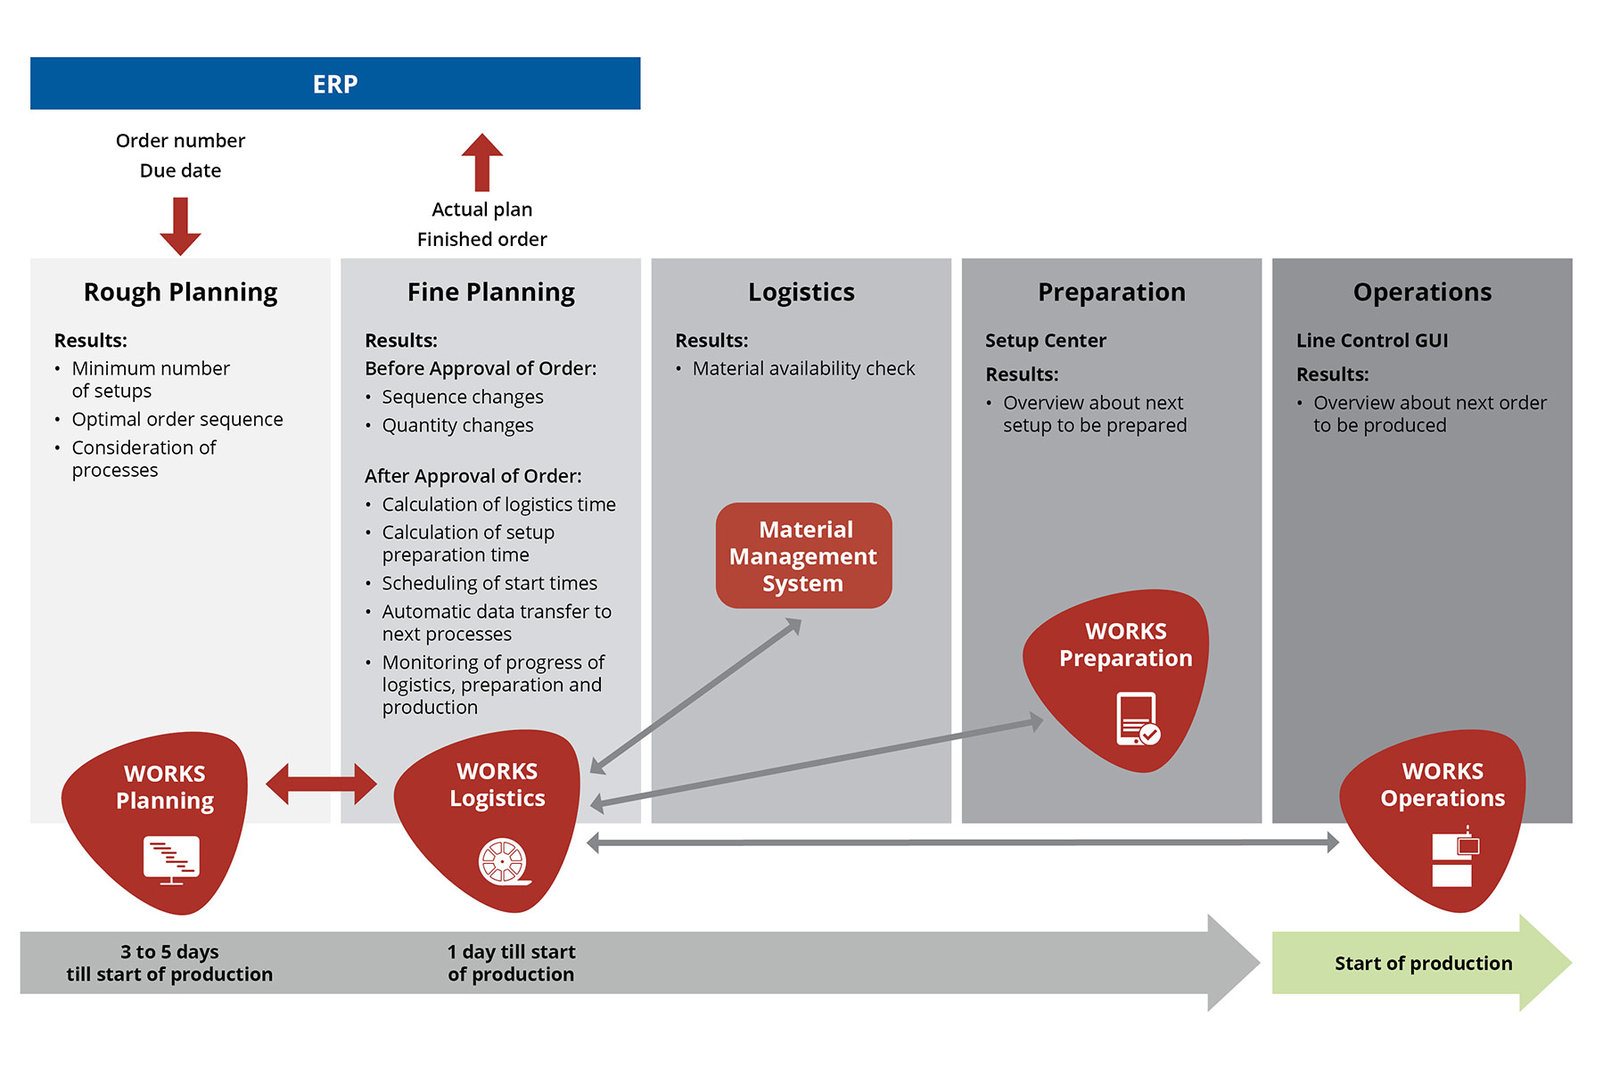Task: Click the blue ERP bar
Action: (x=335, y=84)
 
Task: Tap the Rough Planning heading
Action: (x=180, y=292)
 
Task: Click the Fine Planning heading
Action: (x=490, y=292)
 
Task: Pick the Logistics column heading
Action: (x=801, y=292)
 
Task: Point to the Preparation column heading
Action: (x=1111, y=292)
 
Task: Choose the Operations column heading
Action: (x=1422, y=292)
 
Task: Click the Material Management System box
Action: (x=803, y=556)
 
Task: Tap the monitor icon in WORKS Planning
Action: (x=171, y=859)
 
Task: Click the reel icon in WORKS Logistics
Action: (x=504, y=861)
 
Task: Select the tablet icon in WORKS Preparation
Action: (x=1138, y=719)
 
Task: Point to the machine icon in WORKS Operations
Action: (x=1453, y=858)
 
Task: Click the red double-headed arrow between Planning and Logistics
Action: (x=321, y=785)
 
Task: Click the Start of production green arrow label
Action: (x=1423, y=964)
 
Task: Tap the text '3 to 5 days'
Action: (x=169, y=952)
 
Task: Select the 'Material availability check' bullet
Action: (x=803, y=369)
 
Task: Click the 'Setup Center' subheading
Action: (x=1045, y=341)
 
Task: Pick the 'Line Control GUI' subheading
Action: (x=1371, y=341)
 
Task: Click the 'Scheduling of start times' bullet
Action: (x=489, y=584)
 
